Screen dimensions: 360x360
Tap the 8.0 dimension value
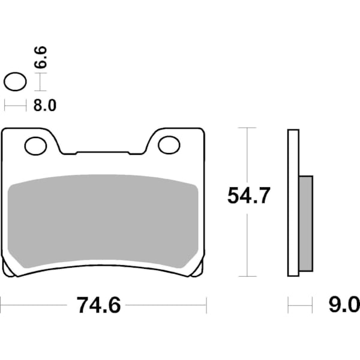(x=44, y=106)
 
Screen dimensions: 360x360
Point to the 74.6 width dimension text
(x=98, y=305)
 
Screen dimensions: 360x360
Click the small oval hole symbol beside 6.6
(x=15, y=82)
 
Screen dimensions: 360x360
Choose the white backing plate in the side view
(x=293, y=203)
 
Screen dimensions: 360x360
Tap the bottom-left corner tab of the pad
(x=8, y=268)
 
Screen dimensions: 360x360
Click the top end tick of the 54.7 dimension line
(x=247, y=128)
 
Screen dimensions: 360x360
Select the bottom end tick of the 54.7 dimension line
(x=247, y=277)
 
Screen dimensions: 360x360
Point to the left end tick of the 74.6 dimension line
(x=1, y=305)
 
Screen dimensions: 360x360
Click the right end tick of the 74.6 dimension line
(x=206, y=305)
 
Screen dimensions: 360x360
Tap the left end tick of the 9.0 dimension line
(x=288, y=305)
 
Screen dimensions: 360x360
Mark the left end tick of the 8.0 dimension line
(x=5, y=106)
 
